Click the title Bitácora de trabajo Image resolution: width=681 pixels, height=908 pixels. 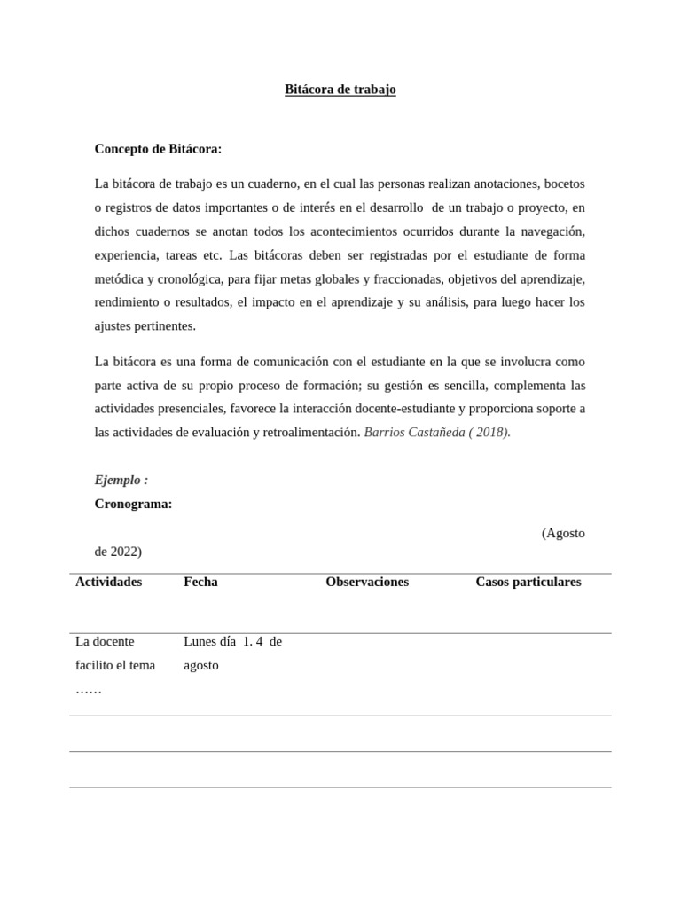click(340, 90)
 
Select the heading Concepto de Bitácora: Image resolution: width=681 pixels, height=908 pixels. click(158, 148)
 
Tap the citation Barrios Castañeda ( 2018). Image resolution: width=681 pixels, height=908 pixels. click(437, 433)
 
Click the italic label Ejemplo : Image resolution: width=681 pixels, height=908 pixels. click(121, 480)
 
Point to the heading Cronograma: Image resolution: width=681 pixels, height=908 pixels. click(133, 504)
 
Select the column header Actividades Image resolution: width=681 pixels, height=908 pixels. click(108, 582)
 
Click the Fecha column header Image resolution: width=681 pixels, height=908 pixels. click(200, 582)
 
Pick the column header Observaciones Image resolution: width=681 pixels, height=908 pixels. click(367, 582)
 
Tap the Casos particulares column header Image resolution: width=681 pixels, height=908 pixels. click(528, 582)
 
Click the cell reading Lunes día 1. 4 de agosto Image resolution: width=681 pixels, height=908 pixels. click(232, 653)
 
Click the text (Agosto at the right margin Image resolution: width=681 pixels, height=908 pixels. click(563, 533)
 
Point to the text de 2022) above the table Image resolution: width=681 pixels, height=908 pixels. click(118, 552)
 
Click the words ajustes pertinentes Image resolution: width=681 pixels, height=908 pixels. click(145, 325)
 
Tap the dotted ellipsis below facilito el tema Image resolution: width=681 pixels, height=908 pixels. click(89, 689)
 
